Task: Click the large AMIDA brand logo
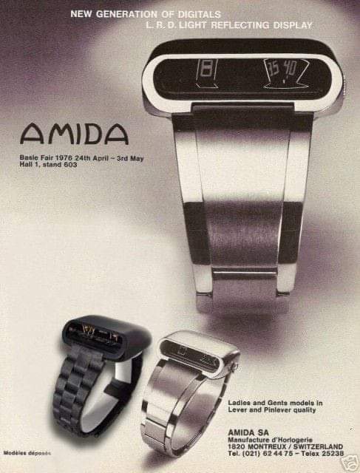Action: coord(74,135)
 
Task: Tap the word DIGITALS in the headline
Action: coord(199,14)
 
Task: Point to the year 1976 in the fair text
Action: coord(64,158)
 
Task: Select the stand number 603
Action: coord(70,165)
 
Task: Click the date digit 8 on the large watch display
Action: coord(207,70)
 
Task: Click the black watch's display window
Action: coord(95,335)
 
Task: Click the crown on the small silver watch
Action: coord(234,367)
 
